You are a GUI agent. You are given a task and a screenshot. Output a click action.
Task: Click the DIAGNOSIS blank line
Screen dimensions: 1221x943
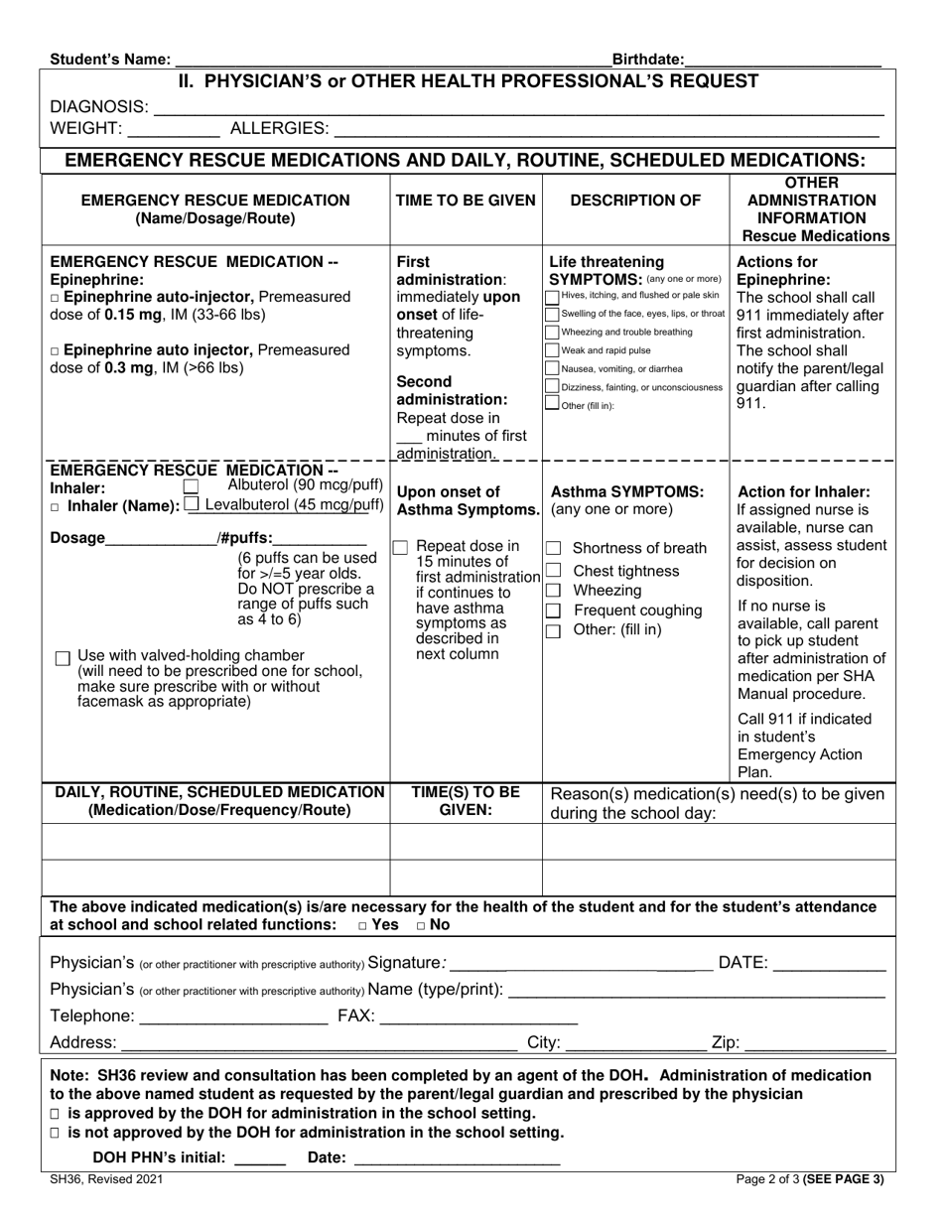click(516, 108)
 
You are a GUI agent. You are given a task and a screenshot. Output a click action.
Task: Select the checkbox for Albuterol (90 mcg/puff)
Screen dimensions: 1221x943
click(192, 486)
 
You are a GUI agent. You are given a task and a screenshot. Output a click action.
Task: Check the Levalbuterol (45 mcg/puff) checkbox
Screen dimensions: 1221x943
click(192, 504)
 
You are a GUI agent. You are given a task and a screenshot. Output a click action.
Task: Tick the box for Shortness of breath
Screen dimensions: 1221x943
click(555, 549)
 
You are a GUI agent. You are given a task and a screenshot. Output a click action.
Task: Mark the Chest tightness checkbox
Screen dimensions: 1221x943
click(555, 571)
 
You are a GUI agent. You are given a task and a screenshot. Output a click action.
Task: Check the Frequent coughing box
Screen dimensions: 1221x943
click(555, 610)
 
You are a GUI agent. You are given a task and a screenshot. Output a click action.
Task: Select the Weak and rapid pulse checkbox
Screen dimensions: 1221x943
click(553, 350)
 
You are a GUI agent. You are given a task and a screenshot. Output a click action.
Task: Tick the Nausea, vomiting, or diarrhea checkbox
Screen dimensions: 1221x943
click(553, 368)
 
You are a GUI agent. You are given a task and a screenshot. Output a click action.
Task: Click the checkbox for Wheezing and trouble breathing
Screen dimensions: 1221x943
click(553, 332)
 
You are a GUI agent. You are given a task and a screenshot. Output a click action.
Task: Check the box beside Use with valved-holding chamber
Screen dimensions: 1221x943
click(63, 657)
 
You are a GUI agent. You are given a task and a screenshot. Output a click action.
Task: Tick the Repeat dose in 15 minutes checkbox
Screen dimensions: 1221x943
click(400, 547)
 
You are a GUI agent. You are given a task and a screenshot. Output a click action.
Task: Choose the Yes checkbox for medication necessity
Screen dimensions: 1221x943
click(363, 925)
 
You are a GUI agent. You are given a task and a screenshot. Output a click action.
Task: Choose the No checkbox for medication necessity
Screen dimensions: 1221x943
click(422, 925)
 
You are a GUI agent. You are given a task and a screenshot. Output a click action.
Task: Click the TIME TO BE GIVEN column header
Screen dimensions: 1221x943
click(466, 201)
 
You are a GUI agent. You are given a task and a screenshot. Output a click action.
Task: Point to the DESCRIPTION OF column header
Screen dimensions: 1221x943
click(635, 201)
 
